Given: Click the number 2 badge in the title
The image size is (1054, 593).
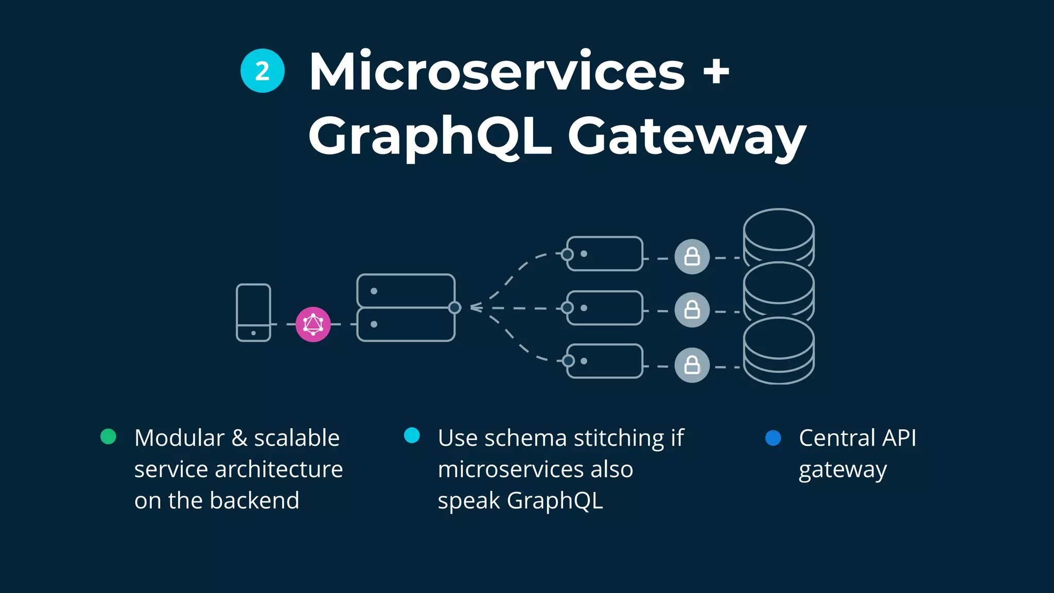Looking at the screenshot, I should [x=262, y=71].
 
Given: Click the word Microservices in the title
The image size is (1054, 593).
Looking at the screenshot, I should [x=497, y=72].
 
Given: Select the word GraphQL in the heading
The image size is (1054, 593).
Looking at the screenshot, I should [x=430, y=135].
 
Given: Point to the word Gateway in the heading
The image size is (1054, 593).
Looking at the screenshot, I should [x=687, y=136].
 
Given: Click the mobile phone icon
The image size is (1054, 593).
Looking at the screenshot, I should [x=253, y=312].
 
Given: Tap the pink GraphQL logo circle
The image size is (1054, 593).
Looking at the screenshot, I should [x=313, y=324].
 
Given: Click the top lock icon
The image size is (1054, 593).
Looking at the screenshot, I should [x=692, y=256].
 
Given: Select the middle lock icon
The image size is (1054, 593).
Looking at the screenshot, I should [x=692, y=310].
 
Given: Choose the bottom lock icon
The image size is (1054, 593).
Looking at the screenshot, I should [x=692, y=365].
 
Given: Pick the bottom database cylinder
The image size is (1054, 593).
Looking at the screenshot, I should [x=779, y=350].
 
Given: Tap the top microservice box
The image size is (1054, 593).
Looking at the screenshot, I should [x=605, y=254].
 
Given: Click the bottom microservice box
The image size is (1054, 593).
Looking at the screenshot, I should [x=605, y=361].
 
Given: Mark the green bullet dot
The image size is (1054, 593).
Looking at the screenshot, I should [x=108, y=437].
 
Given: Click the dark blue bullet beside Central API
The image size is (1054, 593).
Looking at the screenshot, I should [x=773, y=438].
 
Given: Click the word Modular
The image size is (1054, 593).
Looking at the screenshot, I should [x=179, y=438].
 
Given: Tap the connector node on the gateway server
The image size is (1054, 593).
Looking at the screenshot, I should [x=454, y=308].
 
